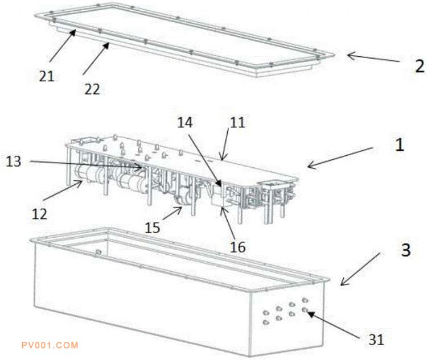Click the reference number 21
point(47,76)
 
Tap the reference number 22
point(92,89)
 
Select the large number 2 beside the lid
point(420,66)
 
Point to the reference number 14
point(185,122)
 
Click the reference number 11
point(237,122)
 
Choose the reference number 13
point(13,162)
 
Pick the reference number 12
point(39,214)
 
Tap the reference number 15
point(152,227)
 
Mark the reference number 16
point(238,247)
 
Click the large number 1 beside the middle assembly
point(400,145)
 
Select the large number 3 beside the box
point(406,250)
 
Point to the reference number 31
point(376,340)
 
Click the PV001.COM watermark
point(50,345)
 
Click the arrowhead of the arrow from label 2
point(349,56)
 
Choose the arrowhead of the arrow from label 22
point(108,44)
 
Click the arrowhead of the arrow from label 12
point(81,182)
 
